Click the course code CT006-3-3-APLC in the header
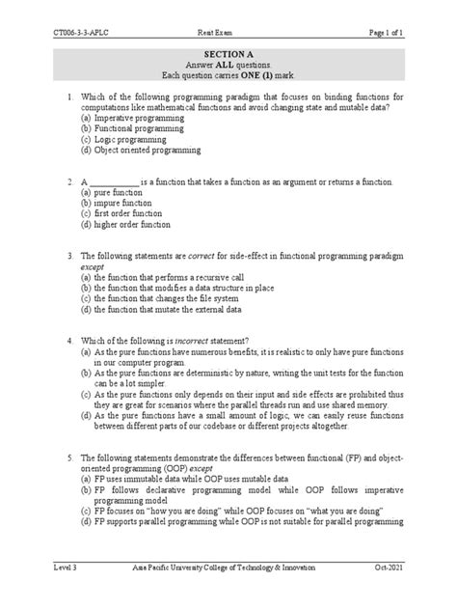pos(84,9)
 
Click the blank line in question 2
pos(114,182)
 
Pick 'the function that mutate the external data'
pos(175,311)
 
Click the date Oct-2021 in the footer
pos(388,571)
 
